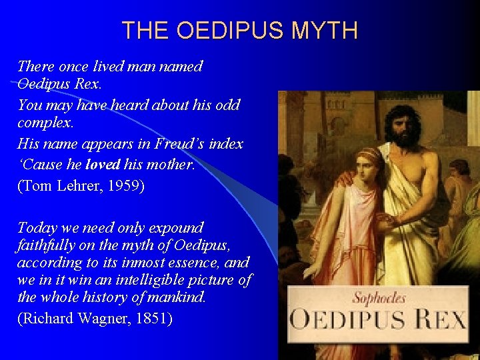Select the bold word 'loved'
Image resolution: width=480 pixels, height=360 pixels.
tap(104, 164)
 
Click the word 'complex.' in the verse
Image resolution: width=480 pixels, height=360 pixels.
tap(46, 124)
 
